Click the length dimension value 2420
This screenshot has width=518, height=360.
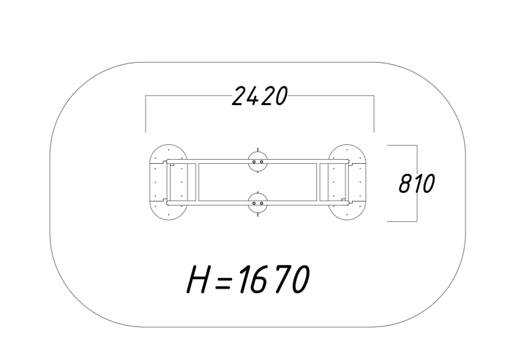click(260, 96)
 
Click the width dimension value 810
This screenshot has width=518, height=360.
click(417, 183)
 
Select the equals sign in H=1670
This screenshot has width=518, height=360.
click(223, 283)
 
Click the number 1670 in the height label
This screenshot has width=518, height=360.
click(274, 279)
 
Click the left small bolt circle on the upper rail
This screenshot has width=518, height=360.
click(254, 162)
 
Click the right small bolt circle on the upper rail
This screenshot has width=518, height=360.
click(261, 162)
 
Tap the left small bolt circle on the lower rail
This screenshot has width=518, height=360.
click(254, 204)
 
